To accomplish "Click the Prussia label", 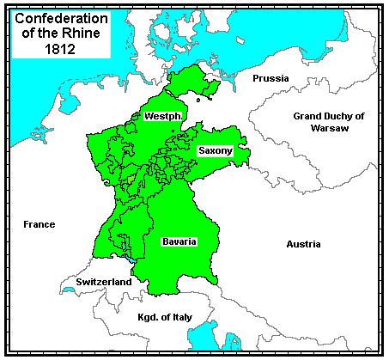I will [270, 78].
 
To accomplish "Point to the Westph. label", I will [162, 115].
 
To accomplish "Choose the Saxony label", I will [215, 150].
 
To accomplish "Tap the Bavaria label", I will [179, 241].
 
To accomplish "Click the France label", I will [39, 224].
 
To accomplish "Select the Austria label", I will [303, 244].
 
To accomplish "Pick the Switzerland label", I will [103, 282].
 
